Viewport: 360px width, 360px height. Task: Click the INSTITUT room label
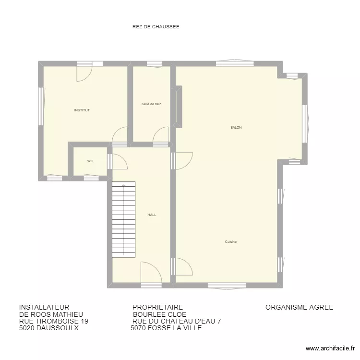pos(82,110)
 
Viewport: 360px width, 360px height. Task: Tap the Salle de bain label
pos(151,104)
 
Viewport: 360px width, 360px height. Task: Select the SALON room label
pos(236,128)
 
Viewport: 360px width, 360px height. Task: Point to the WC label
pos(90,161)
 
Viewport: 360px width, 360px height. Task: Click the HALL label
pos(152,215)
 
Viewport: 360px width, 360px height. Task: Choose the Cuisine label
pos(231,242)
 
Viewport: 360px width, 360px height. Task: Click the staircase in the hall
pos(123,219)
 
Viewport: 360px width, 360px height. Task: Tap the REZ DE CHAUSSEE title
pos(156,27)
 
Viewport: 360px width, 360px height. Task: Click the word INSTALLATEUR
pos(44,307)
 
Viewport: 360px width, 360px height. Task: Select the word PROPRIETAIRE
pos(157,307)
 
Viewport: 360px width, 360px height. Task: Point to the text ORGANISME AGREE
pos(299,307)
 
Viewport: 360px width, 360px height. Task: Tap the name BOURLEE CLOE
pos(159,314)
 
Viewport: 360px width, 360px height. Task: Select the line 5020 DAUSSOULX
pos(48,328)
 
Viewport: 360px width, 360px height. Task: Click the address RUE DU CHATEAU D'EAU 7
pos(176,322)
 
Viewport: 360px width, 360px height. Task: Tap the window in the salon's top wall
pos(235,63)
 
